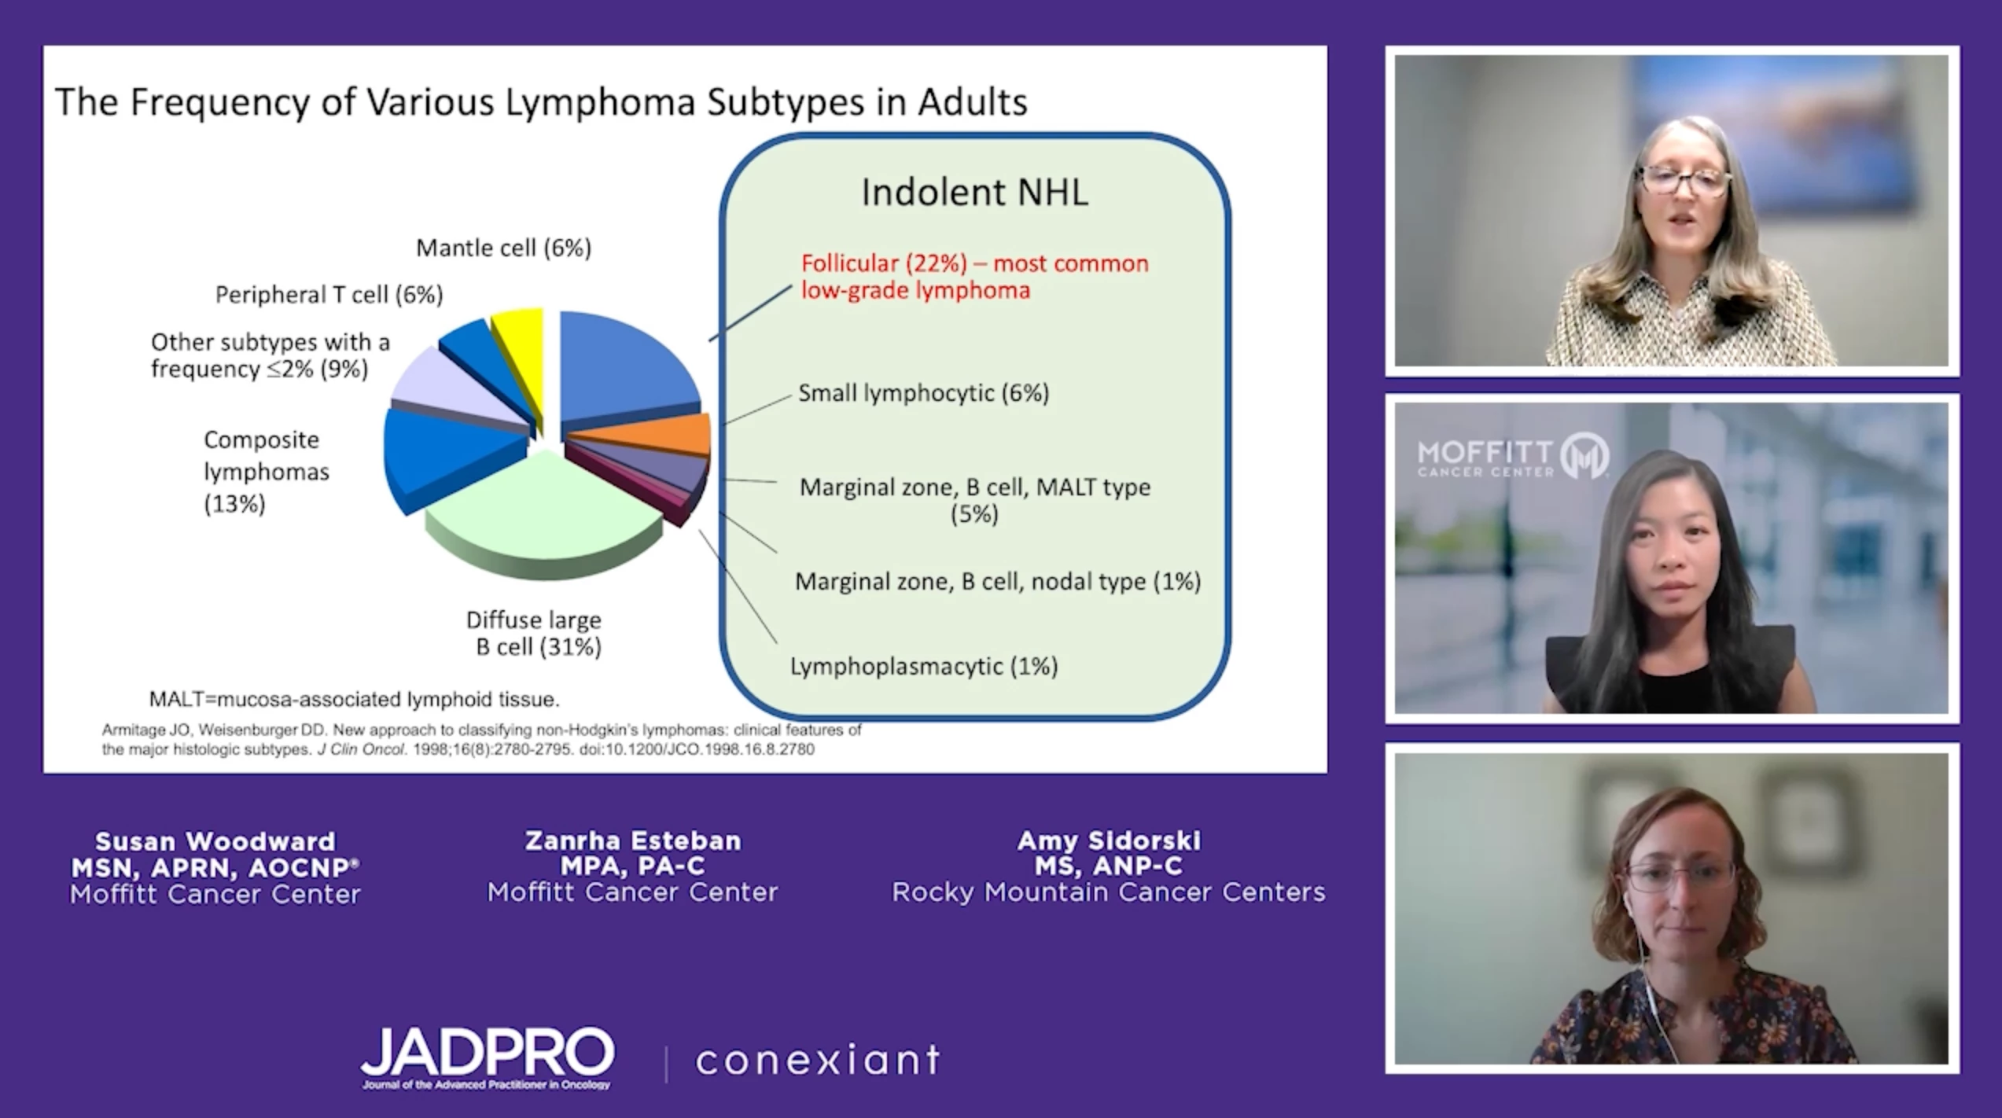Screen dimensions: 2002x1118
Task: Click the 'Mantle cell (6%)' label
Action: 503,248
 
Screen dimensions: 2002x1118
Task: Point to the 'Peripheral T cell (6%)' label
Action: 329,295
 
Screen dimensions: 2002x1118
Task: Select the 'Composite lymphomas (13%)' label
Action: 266,472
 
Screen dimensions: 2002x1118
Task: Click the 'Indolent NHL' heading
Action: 975,193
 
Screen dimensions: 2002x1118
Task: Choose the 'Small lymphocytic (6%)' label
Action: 924,393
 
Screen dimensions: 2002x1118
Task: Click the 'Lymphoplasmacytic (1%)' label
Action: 924,667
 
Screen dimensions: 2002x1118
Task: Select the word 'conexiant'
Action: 818,1060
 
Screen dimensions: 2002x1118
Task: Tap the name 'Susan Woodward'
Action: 215,841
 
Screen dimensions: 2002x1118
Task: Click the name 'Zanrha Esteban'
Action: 633,840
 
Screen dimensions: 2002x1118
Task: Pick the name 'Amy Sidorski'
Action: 1109,840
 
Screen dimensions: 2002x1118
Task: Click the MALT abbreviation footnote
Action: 355,699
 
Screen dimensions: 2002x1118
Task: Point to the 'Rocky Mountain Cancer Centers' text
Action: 1109,892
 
